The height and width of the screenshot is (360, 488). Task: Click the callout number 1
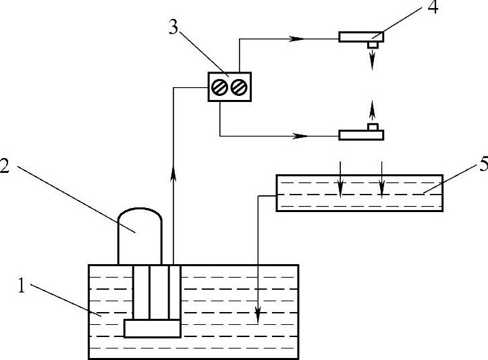coord(23,286)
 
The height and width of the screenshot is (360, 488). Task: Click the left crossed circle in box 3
coord(219,87)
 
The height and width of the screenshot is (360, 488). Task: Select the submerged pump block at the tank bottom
coord(152,328)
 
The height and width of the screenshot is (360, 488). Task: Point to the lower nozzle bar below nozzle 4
coord(361,134)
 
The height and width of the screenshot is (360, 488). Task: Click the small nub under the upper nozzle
coord(371,45)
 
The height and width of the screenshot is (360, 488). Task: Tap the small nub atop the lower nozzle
coord(371,126)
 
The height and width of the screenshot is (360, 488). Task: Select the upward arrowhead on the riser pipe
coord(173,175)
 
